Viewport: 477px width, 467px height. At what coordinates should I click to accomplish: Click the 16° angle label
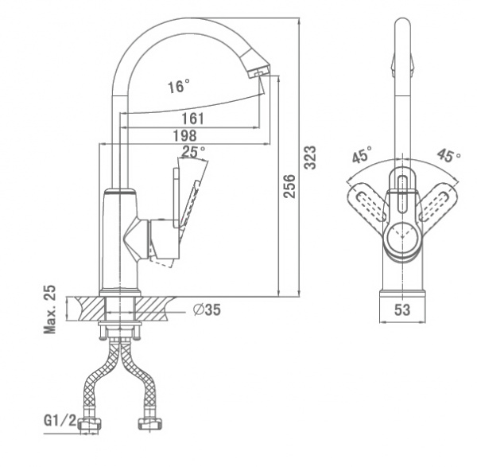click(179, 87)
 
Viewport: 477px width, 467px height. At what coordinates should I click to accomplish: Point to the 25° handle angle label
click(193, 150)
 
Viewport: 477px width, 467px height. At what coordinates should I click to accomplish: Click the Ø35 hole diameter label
click(207, 310)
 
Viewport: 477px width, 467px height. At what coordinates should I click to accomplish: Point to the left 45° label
click(362, 156)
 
